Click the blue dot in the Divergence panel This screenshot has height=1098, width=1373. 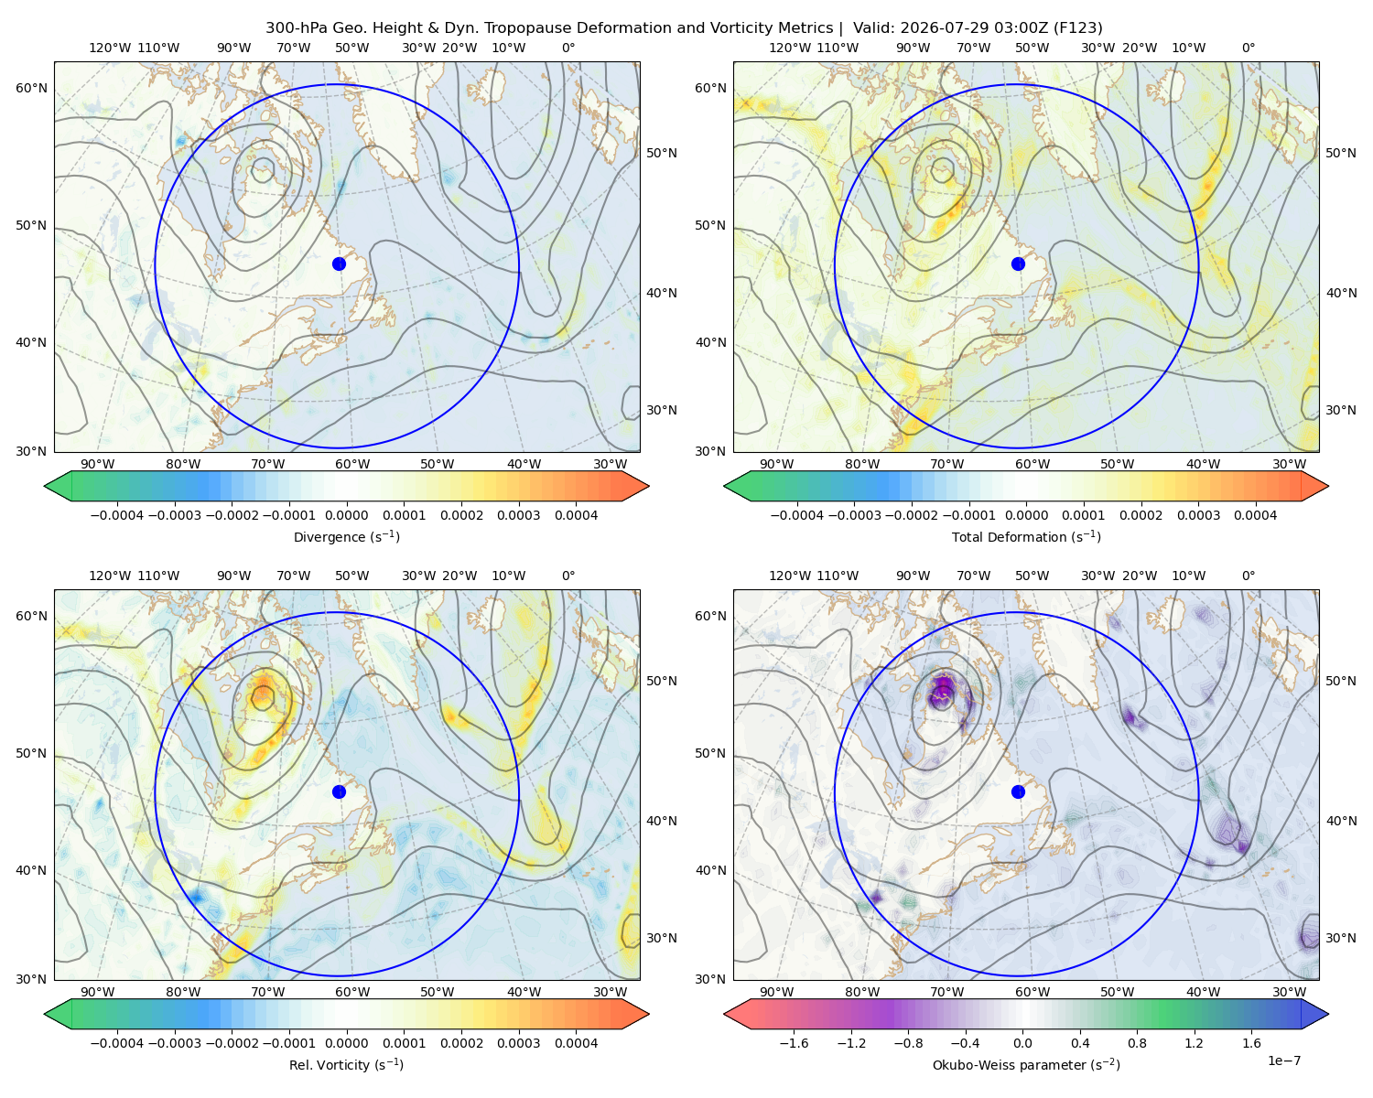(339, 264)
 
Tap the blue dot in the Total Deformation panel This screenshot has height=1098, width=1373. (1018, 264)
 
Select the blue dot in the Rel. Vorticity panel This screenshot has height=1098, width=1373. (339, 791)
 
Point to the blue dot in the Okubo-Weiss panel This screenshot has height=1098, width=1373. (1018, 791)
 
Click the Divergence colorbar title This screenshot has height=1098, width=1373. (346, 537)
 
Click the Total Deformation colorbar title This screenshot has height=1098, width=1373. (1026, 537)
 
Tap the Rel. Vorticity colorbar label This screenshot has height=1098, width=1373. (346, 1065)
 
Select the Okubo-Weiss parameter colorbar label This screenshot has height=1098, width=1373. (1026, 1065)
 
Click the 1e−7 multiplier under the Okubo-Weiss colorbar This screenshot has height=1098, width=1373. (1283, 1061)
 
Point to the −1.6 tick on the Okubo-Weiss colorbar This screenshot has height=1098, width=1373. (794, 1043)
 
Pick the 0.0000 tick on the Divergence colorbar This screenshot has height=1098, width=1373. (346, 515)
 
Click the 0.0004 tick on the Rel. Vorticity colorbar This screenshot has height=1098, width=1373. (576, 1043)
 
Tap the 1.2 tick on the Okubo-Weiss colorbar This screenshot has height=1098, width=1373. (1194, 1043)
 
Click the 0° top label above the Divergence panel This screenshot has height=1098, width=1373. (568, 48)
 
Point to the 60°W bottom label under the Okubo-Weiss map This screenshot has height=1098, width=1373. (1032, 992)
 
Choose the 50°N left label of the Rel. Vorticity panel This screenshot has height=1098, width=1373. (31, 753)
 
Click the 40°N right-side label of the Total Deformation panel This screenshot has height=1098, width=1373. (1341, 293)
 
